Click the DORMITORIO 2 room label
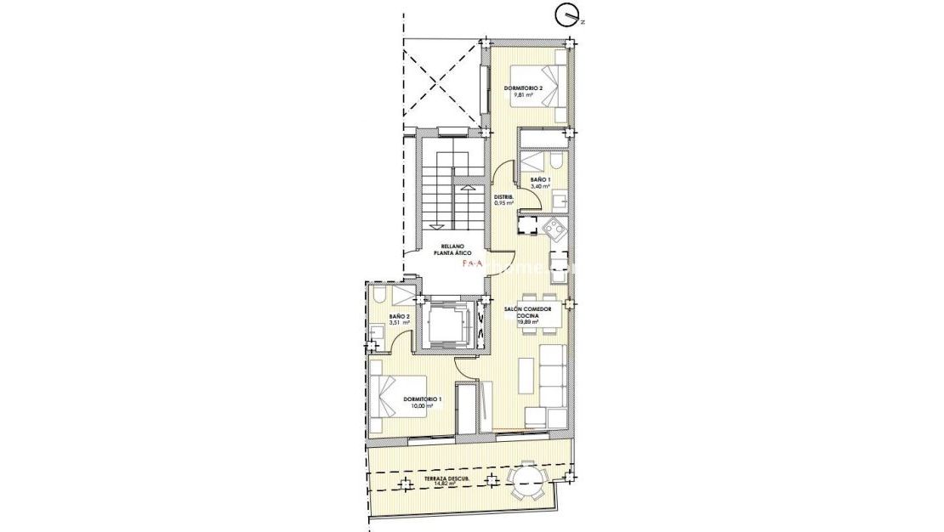(x=523, y=88)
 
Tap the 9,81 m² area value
(x=523, y=96)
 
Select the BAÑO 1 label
(x=540, y=180)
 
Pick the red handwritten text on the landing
(x=471, y=264)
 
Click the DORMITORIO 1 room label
(x=422, y=399)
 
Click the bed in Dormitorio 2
(x=553, y=88)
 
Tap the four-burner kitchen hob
(x=554, y=227)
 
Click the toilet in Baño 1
(x=553, y=161)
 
